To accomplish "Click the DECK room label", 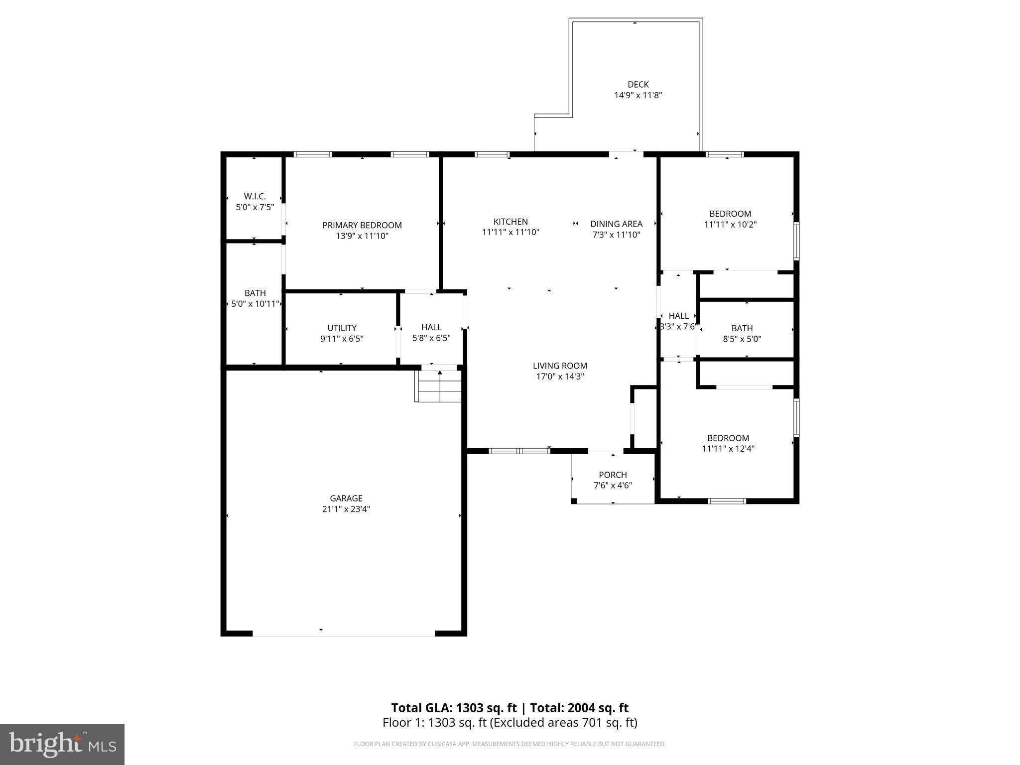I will tap(637, 85).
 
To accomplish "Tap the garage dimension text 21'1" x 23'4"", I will tap(346, 509).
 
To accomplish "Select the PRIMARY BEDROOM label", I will tap(362, 225).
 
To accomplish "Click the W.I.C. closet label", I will tap(255, 196).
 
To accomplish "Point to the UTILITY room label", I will tap(342, 328).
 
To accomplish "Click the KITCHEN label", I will tap(510, 222).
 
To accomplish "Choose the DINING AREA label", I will tap(616, 224).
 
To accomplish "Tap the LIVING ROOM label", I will tap(560, 366).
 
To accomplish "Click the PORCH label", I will tap(613, 475).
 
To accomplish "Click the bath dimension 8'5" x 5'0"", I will tap(742, 339).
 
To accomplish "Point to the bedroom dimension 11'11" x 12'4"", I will tap(728, 448).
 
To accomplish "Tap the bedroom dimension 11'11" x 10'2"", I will tap(730, 225).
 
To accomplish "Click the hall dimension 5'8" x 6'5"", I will tap(431, 338).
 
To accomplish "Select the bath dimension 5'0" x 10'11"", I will tap(255, 304).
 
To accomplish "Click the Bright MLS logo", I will tap(62, 744).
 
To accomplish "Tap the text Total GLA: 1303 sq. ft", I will tap(454, 708).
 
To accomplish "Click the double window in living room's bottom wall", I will tap(519, 451).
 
